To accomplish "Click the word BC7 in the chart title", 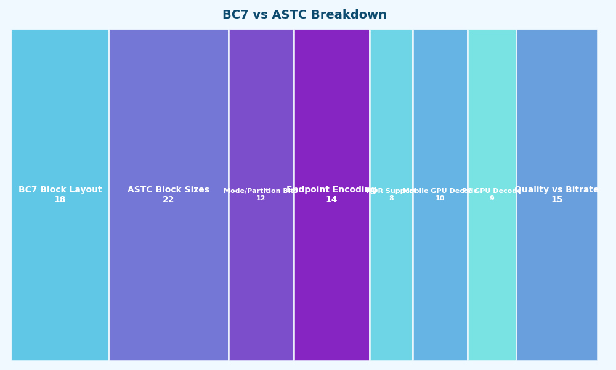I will [x=235, y=15].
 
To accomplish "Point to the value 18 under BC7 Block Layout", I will [x=60, y=200].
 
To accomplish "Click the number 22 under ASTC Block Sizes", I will [x=168, y=200].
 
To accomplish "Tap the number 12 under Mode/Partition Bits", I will [x=261, y=199].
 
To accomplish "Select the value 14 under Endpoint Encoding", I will [x=331, y=200].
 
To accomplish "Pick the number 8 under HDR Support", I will [x=391, y=199].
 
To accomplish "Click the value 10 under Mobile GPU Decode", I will [x=440, y=199].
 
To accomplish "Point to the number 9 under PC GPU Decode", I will [x=492, y=199].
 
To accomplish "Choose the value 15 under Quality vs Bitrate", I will [x=557, y=200].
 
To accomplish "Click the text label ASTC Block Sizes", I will [x=168, y=190].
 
